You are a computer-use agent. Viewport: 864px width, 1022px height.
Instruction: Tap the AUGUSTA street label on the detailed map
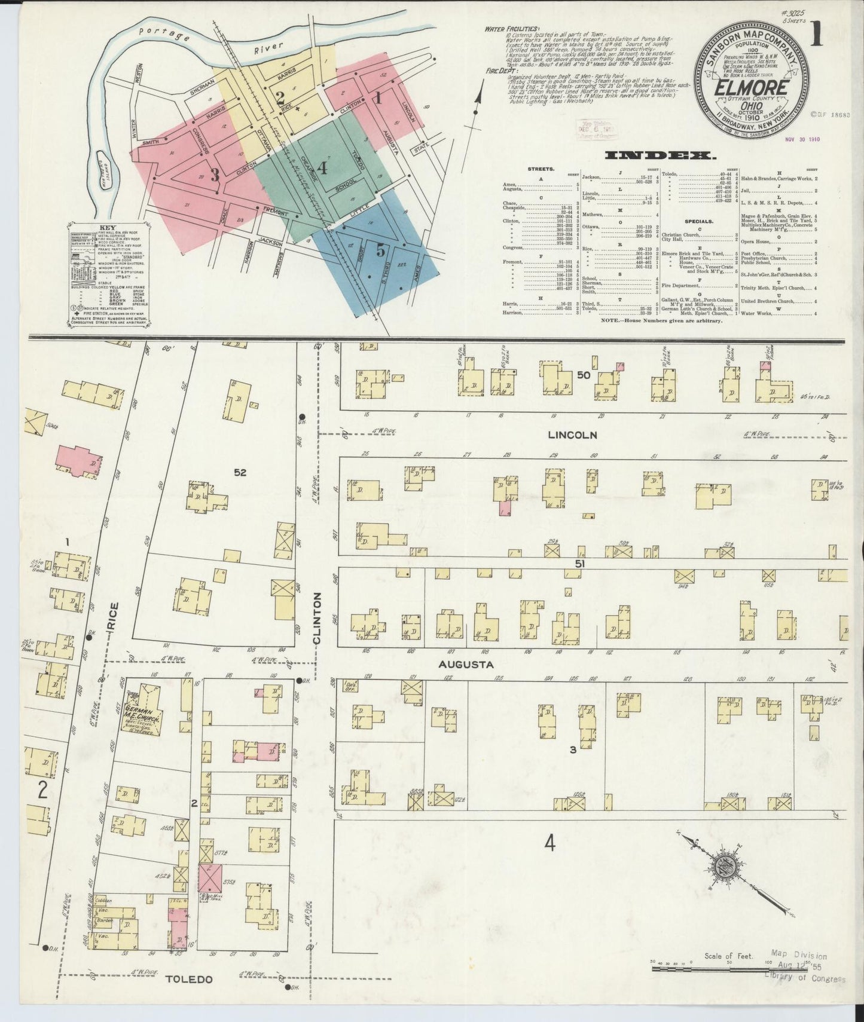[466, 664]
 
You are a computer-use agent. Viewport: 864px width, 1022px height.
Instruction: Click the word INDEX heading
[661, 156]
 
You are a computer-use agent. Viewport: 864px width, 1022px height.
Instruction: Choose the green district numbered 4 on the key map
[322, 168]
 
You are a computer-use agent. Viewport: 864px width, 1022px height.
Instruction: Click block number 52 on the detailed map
[240, 472]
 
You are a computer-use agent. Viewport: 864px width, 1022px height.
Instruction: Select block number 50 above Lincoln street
[584, 375]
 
